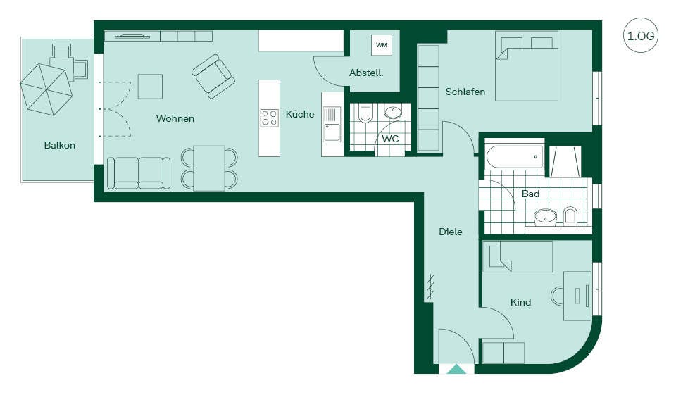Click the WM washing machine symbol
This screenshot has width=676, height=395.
point(382,45)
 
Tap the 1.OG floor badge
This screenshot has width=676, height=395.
point(641,35)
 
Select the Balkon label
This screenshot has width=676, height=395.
point(59,145)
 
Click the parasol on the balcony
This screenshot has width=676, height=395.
point(46,89)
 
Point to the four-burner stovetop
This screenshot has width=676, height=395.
point(270,118)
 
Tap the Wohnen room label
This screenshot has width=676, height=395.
point(175,118)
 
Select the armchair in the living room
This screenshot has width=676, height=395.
point(213,76)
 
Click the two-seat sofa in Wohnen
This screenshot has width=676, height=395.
point(139,173)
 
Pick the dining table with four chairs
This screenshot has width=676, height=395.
point(209,168)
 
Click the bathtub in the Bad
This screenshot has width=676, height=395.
point(514,157)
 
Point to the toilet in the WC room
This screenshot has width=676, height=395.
point(365,114)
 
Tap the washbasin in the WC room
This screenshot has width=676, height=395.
point(393,113)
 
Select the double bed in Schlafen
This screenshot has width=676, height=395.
point(527,66)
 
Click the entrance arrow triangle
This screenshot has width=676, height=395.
point(457,369)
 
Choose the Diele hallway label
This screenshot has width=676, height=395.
point(451,232)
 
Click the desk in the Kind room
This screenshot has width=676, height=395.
point(577,296)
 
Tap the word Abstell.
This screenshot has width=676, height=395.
point(366,73)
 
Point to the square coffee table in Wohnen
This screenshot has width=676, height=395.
point(150,86)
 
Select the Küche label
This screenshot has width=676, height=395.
point(300,114)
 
